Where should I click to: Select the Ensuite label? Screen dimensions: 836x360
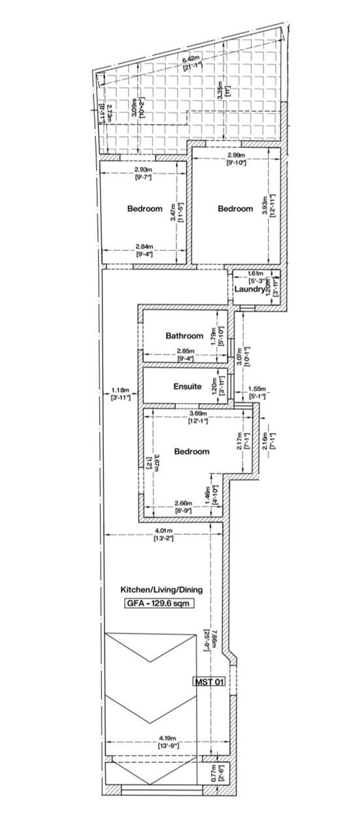pyautogui.click(x=187, y=387)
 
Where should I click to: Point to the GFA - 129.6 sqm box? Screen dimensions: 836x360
pyautogui.click(x=159, y=604)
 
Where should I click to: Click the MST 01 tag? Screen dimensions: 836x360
pyautogui.click(x=210, y=682)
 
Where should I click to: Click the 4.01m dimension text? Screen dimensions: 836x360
pyautogui.click(x=163, y=531)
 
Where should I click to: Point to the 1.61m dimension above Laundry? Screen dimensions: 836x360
pyautogui.click(x=255, y=274)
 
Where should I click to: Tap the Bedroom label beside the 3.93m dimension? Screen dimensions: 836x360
pyautogui.click(x=235, y=209)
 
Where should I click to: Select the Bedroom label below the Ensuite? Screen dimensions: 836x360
pyautogui.click(x=191, y=451)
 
